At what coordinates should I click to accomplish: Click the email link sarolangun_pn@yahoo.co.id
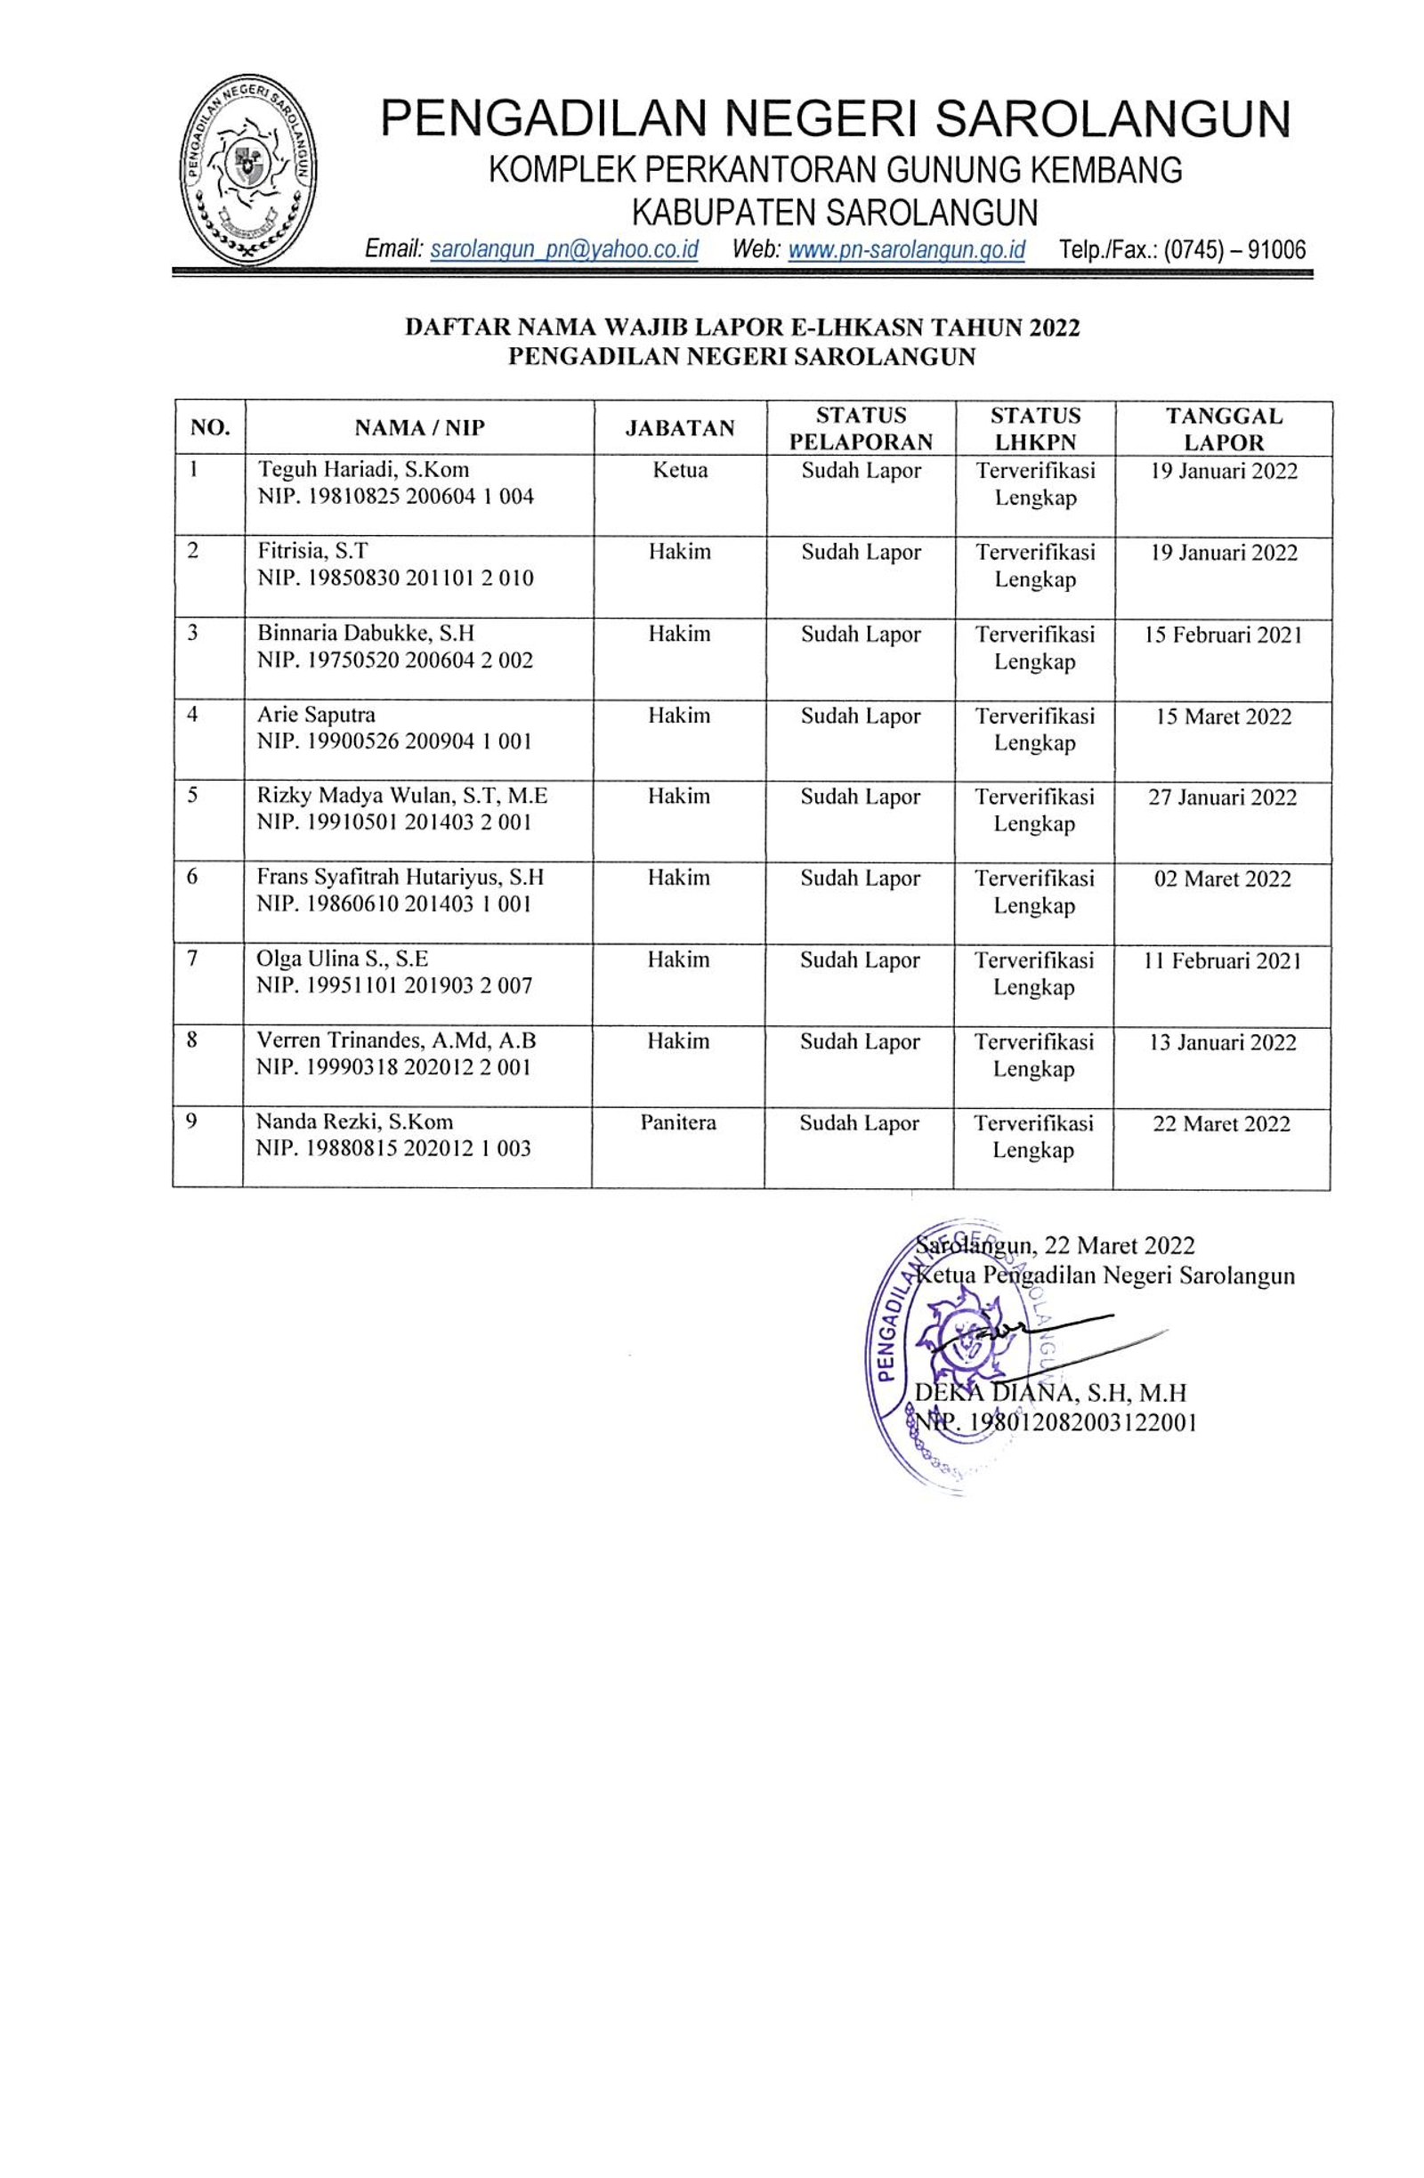[562, 250]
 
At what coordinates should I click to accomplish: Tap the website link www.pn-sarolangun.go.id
[905, 250]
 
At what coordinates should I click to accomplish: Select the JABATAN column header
[679, 428]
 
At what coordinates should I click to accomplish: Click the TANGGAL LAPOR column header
[1223, 428]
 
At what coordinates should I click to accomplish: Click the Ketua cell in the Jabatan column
[679, 470]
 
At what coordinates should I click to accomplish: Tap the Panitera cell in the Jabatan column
[677, 1122]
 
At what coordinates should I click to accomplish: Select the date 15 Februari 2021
[1223, 635]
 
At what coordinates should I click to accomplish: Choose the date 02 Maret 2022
[1222, 878]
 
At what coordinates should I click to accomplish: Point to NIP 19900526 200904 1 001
[394, 741]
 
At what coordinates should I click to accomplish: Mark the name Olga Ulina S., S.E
[343, 959]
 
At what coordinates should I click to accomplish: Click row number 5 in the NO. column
[193, 795]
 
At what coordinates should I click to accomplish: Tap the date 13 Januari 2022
[1222, 1041]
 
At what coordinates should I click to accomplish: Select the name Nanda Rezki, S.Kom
[354, 1122]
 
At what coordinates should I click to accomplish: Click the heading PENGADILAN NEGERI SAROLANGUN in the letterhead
[835, 119]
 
